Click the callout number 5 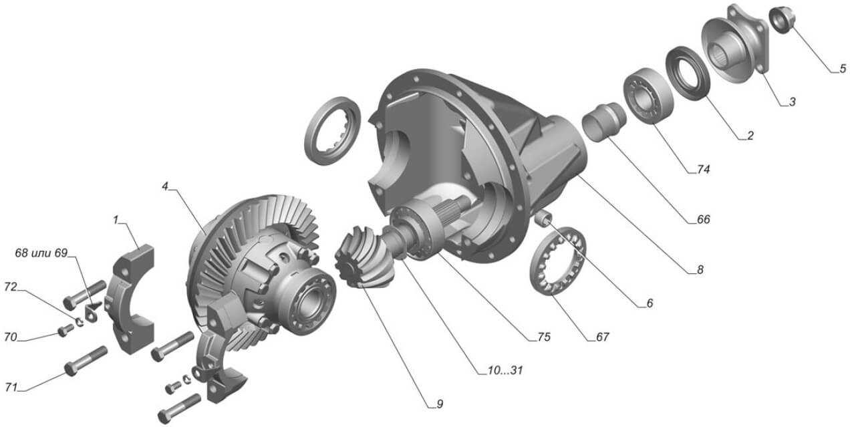point(843,69)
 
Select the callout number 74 point(703,169)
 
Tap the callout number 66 point(703,219)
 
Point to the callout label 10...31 point(505,370)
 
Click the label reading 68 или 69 point(41,253)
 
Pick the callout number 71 point(11,388)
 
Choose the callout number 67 point(602,337)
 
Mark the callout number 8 point(700,269)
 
